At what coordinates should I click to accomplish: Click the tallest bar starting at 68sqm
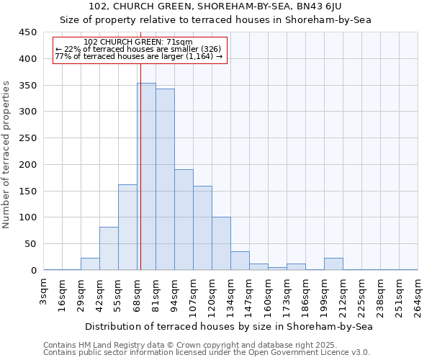(146, 176)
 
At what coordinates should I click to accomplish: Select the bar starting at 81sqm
(165, 179)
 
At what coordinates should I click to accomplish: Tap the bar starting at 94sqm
(184, 220)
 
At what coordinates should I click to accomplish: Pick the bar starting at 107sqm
(202, 228)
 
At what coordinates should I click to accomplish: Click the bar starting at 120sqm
(221, 243)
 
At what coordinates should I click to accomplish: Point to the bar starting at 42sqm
(109, 248)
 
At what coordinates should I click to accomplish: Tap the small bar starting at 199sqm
(333, 264)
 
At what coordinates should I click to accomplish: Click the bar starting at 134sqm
(240, 261)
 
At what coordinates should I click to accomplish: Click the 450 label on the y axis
(28, 32)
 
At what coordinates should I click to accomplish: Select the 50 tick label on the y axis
(30, 244)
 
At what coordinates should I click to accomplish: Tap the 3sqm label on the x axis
(44, 292)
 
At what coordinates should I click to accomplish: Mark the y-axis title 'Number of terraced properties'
(6, 154)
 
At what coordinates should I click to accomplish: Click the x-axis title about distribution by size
(229, 326)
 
